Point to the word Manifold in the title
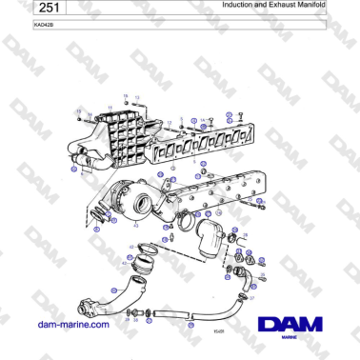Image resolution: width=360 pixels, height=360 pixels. coord(311,5)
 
